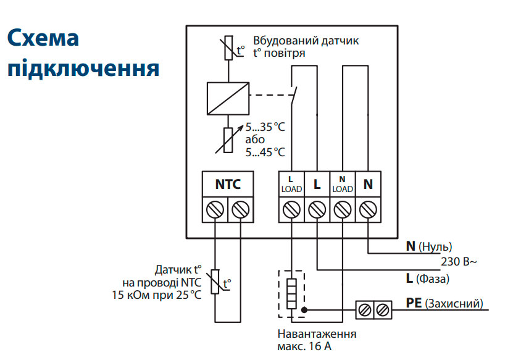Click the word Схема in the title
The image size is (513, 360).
(43, 39)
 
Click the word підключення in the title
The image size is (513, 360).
(83, 69)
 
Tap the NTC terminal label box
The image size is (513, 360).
(228, 184)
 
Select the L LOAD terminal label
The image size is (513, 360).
(291, 184)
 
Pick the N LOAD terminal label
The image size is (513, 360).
(342, 184)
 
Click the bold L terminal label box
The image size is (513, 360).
(317, 184)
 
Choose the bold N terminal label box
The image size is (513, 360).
(368, 184)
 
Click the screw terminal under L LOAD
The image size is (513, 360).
(291, 210)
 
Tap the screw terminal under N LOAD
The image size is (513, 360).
(342, 210)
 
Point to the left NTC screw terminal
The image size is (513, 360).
(215, 210)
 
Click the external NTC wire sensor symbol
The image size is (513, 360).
(215, 282)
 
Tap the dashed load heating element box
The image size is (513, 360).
(291, 294)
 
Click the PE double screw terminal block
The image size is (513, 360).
(374, 309)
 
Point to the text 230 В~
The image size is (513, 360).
(459, 262)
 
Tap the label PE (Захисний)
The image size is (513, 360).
(444, 304)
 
